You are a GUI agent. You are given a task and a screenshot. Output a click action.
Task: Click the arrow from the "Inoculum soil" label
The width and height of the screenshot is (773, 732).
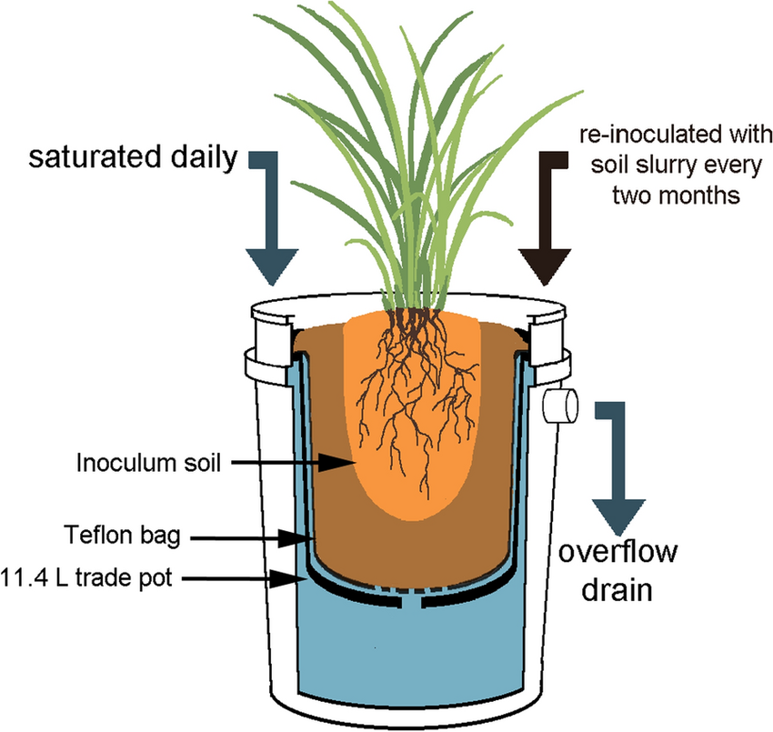291,464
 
